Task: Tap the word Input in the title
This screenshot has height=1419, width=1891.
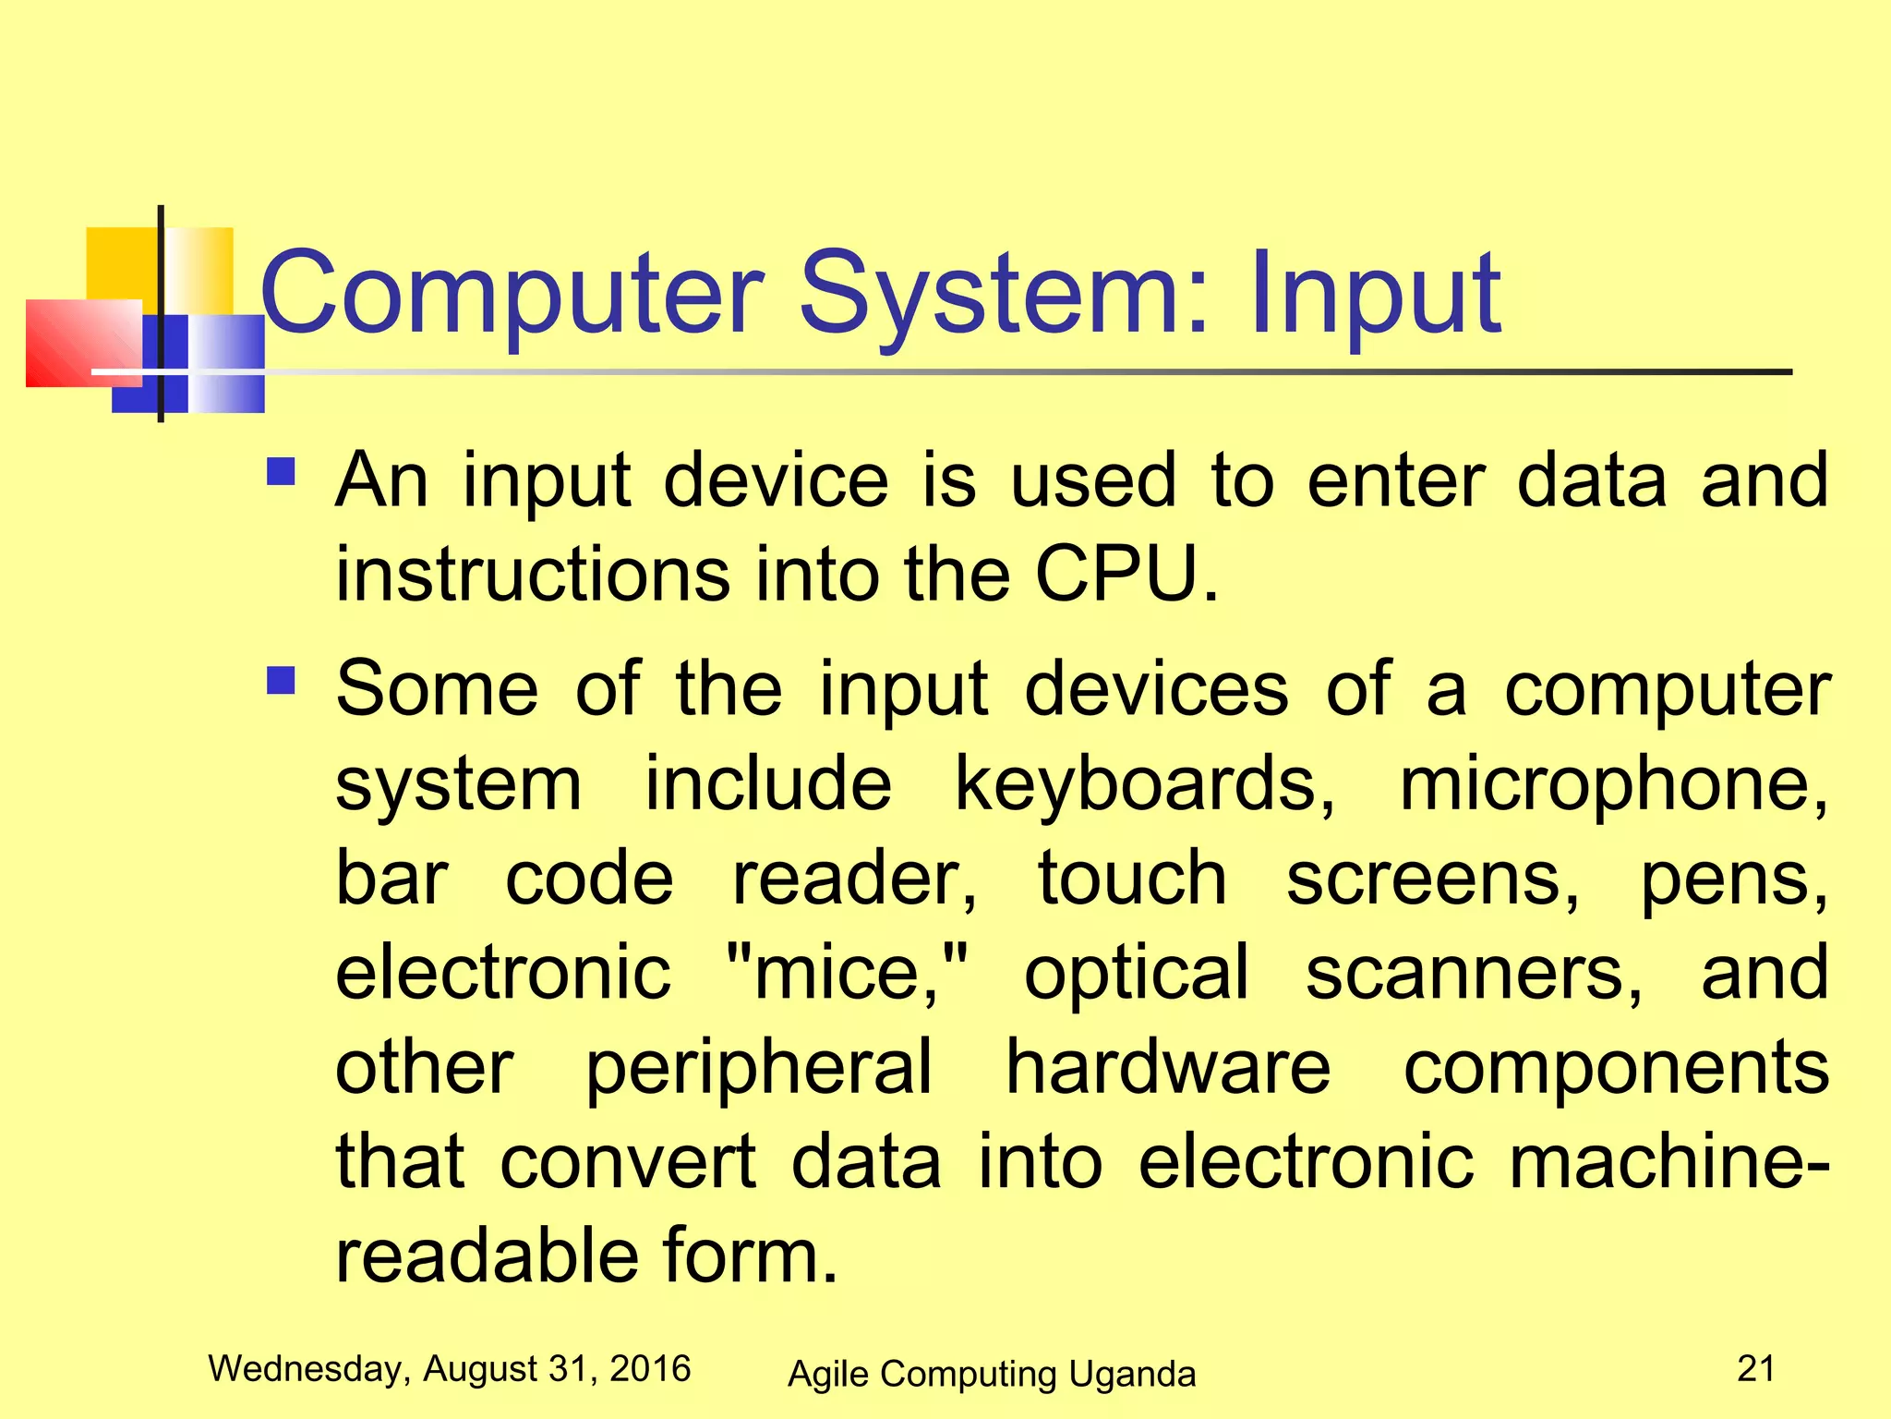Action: point(1375,296)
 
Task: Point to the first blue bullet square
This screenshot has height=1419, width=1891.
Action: point(281,472)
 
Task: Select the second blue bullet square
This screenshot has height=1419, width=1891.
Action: point(281,681)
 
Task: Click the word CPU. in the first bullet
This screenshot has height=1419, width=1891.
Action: point(1126,574)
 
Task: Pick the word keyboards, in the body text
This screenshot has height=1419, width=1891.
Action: point(1145,783)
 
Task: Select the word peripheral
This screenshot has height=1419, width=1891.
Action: point(759,1067)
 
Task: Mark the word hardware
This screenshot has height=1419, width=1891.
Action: point(1168,1067)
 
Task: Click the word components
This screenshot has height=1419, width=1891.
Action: point(1616,1067)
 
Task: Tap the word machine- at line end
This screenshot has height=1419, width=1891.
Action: point(1668,1161)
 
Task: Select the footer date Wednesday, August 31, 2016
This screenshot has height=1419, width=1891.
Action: point(450,1368)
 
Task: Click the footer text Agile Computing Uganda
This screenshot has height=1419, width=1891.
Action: point(992,1374)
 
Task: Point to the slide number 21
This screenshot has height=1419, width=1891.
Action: point(1755,1368)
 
